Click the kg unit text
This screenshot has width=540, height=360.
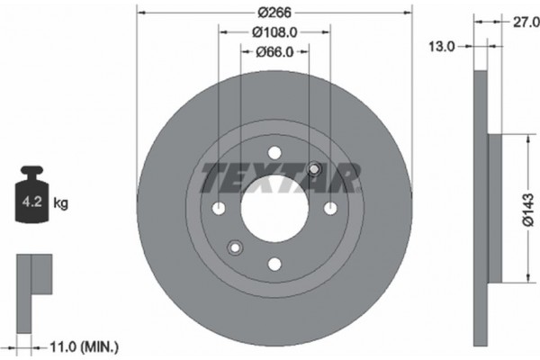click(x=60, y=204)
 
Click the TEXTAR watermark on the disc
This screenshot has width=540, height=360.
click(x=280, y=178)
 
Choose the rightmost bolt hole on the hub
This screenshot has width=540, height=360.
click(x=330, y=208)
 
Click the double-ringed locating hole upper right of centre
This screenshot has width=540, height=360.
click(x=315, y=168)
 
